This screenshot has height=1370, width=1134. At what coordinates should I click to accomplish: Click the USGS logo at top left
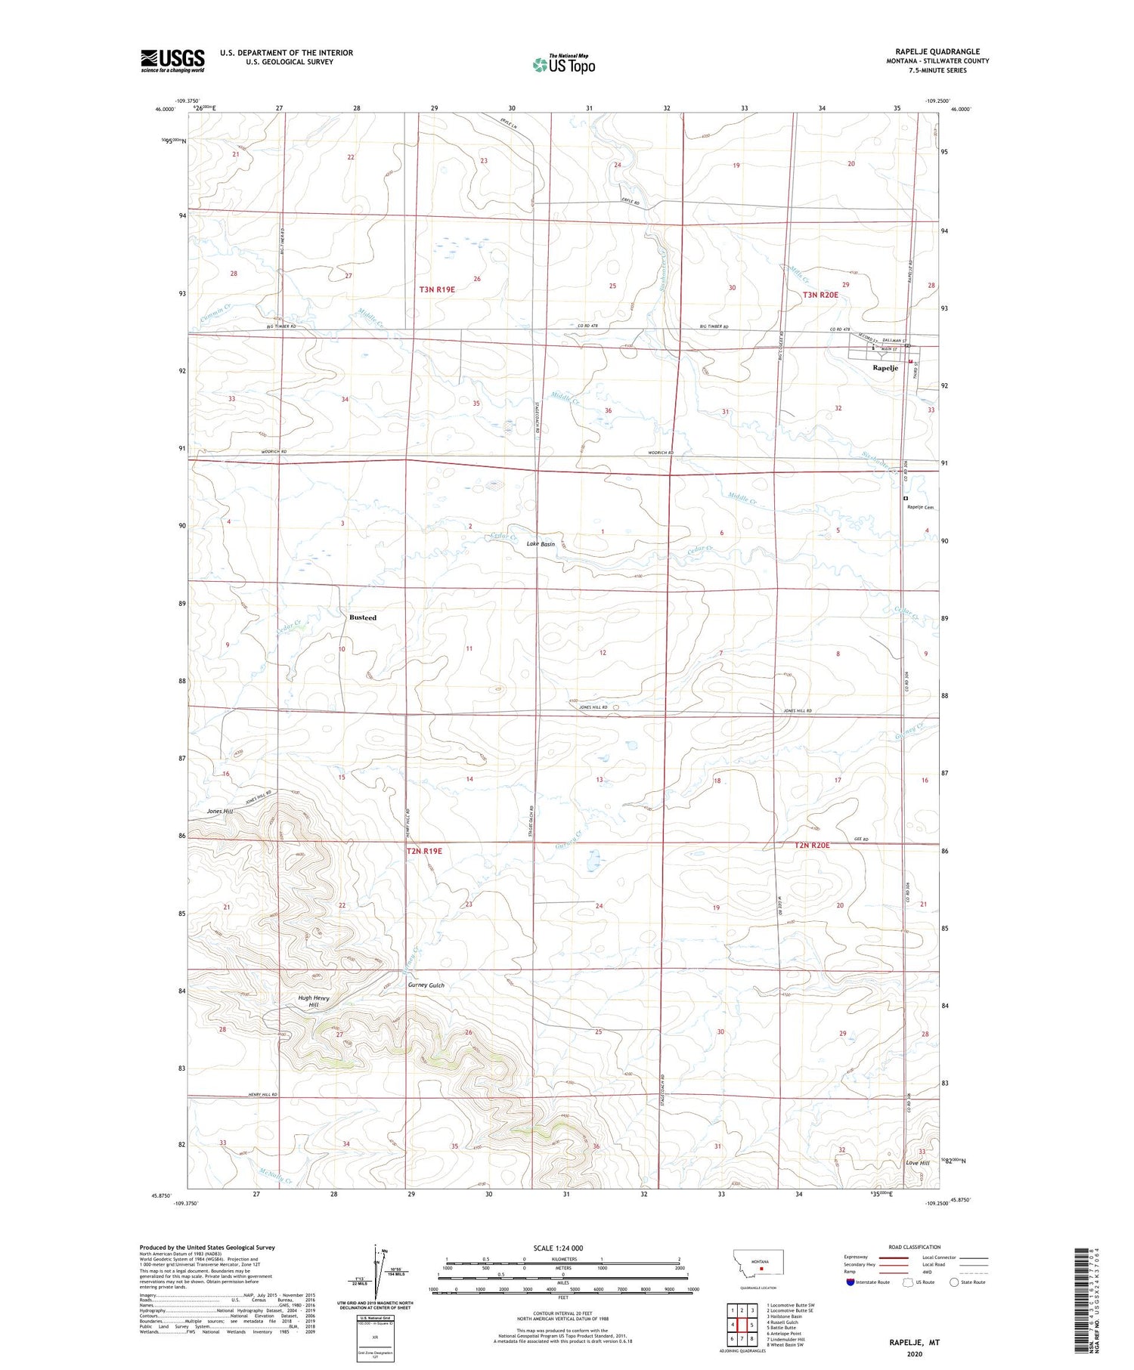point(172,60)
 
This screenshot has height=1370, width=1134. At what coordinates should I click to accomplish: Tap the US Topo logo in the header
point(563,65)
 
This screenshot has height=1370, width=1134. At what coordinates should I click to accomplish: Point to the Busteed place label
point(363,617)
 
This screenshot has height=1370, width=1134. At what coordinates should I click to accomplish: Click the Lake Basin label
point(541,544)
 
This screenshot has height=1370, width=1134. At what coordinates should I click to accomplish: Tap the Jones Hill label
point(221,811)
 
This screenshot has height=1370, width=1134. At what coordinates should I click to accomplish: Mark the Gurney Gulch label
point(426,985)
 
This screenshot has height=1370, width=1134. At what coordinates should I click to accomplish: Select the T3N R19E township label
point(437,289)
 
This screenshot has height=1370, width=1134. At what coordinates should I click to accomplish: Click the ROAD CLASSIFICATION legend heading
point(915,1247)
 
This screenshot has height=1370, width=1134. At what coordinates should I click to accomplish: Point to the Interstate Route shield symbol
point(850,1282)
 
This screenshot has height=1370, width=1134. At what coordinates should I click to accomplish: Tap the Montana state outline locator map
point(759,1263)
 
